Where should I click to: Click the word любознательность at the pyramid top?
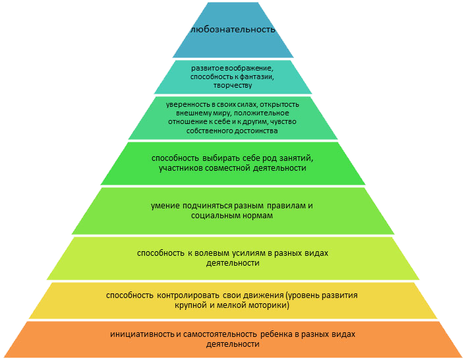coord(231,30)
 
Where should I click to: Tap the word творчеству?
coord(233,86)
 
